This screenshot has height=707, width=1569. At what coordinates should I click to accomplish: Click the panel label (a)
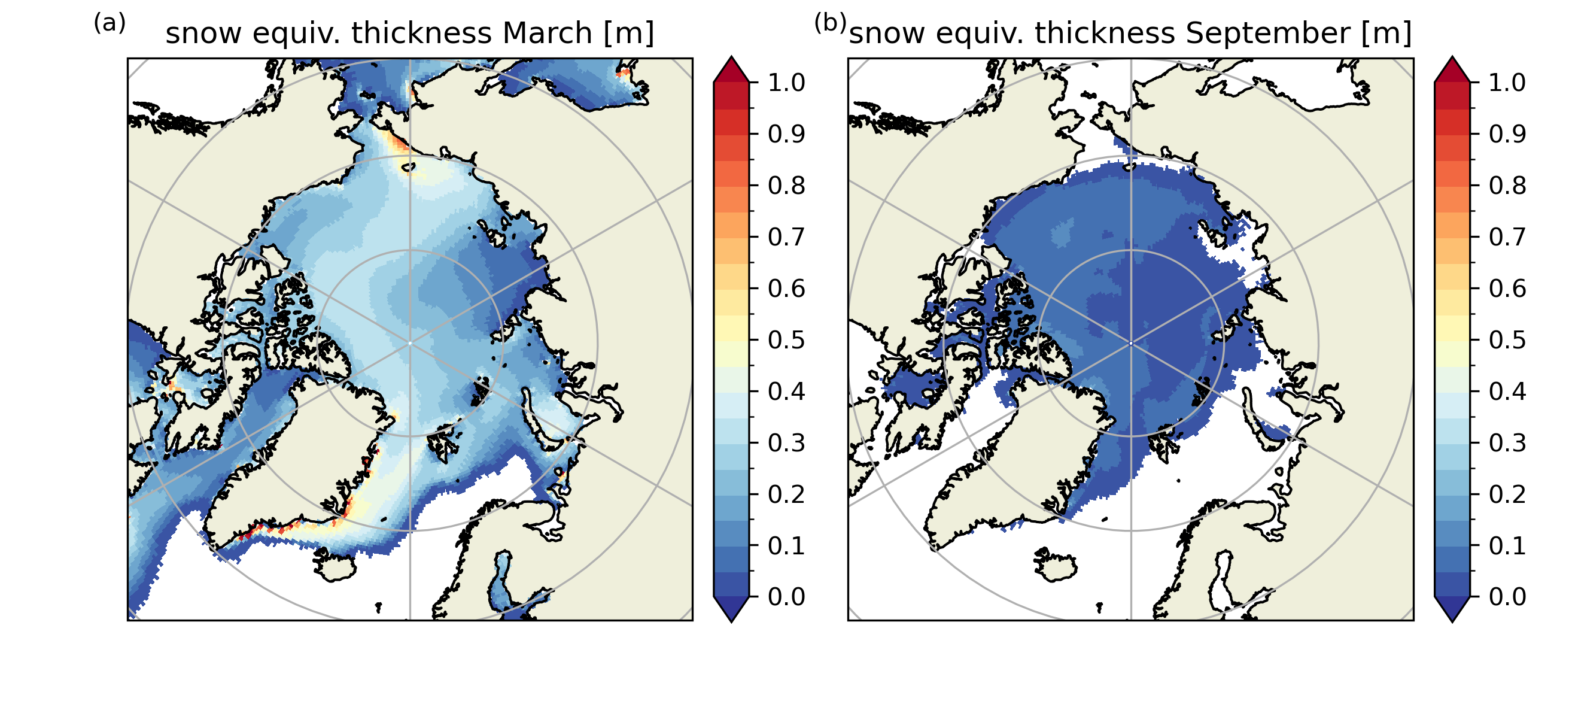(110, 23)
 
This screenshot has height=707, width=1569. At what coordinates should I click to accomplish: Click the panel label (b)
(830, 23)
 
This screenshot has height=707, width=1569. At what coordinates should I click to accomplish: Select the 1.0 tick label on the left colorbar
(786, 82)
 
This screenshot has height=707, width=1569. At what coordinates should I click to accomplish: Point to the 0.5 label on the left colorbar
(786, 339)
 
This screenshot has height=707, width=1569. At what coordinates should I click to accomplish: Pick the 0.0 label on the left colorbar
(786, 597)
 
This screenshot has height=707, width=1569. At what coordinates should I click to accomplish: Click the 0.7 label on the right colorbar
(1507, 236)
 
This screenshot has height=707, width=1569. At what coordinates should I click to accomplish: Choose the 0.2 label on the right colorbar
(1507, 494)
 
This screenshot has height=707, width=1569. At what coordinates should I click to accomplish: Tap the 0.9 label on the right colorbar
(1507, 133)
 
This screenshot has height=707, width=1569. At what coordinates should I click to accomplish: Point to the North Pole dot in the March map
(410, 343)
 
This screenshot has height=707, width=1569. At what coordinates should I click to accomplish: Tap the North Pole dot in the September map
(1131, 343)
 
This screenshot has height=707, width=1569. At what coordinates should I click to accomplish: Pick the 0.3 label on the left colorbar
(786, 442)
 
